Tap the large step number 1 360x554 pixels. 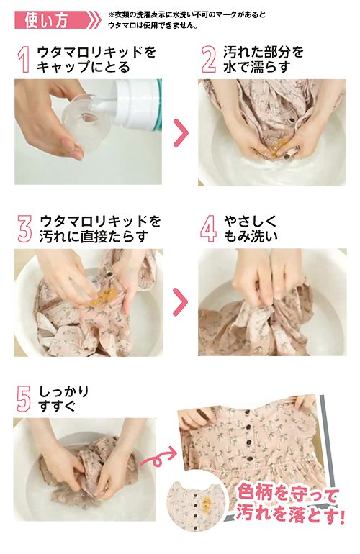click(26, 60)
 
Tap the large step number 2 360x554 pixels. click(208, 60)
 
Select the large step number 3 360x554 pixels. click(25, 229)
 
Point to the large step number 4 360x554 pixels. click(208, 229)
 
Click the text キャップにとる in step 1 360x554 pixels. click(85, 68)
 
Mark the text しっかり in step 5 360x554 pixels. click(65, 391)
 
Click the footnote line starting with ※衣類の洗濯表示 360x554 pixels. click(187, 15)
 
